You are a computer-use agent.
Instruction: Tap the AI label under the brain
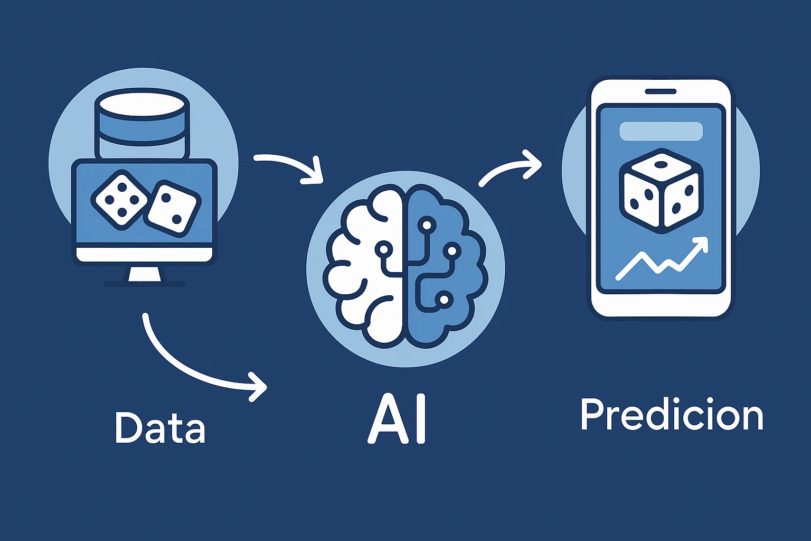pos(397,419)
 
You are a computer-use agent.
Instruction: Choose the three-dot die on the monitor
pos(173,208)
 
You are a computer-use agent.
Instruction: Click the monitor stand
pos(144,276)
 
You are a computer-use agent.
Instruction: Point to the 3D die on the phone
pos(662,191)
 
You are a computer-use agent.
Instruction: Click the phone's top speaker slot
pos(661,92)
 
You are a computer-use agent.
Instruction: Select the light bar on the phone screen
pos(661,131)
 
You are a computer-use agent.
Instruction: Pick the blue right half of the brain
pos(447,266)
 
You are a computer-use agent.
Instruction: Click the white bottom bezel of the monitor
pos(144,254)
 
